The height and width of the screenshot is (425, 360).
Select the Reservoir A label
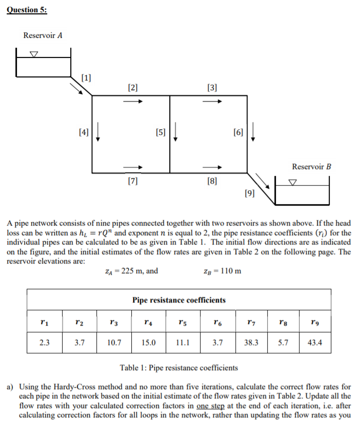(43, 35)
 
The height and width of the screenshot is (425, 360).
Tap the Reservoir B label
(312, 167)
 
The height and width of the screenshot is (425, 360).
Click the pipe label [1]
(86, 78)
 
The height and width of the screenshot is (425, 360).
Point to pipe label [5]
(161, 132)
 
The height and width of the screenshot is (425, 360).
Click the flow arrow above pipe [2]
(132, 101)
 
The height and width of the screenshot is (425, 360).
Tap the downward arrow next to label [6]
(254, 132)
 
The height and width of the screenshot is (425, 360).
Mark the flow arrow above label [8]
(212, 167)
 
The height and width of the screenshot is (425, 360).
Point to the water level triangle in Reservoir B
(292, 181)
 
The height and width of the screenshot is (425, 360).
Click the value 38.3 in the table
(251, 342)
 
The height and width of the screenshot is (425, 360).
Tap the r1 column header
(45, 321)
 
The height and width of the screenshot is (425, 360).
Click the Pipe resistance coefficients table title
(179, 300)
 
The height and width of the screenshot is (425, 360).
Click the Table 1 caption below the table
(178, 368)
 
